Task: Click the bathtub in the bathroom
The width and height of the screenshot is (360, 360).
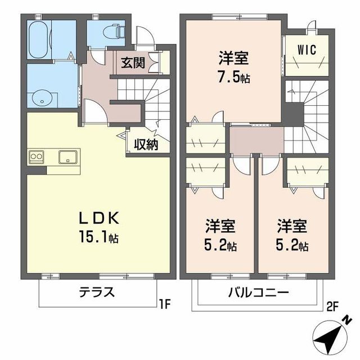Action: [x=39, y=40]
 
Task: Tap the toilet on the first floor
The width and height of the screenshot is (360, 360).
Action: [x=114, y=32]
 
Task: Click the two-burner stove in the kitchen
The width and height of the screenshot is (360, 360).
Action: [x=37, y=157]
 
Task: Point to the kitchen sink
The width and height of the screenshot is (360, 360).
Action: [x=68, y=157]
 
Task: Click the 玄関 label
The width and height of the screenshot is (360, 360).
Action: [x=133, y=62]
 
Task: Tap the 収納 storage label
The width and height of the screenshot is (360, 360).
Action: [x=146, y=145]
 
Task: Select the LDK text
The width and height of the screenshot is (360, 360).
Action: [x=99, y=218]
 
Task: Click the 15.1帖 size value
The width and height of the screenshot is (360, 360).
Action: [x=99, y=237]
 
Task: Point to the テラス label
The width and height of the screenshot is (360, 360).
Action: [x=97, y=292]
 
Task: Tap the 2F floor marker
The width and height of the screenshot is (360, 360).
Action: [x=332, y=307]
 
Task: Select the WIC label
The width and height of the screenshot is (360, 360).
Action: [x=307, y=49]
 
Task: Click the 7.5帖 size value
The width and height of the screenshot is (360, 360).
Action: [x=234, y=77]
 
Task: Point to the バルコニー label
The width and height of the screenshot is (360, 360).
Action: [x=258, y=292]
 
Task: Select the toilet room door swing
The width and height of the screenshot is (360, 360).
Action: [x=97, y=57]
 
